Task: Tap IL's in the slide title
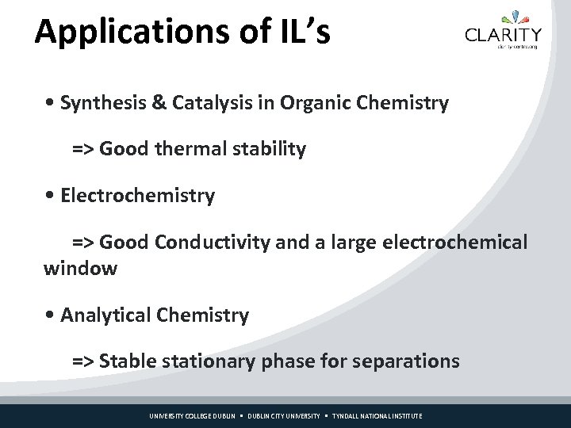[x=305, y=32]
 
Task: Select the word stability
[x=266, y=149]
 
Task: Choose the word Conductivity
[x=213, y=243]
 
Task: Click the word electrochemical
[x=454, y=243]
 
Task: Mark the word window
[x=80, y=268]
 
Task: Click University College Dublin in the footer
[x=193, y=416]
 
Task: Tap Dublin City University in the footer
[x=284, y=416]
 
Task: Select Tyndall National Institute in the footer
[x=377, y=416]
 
